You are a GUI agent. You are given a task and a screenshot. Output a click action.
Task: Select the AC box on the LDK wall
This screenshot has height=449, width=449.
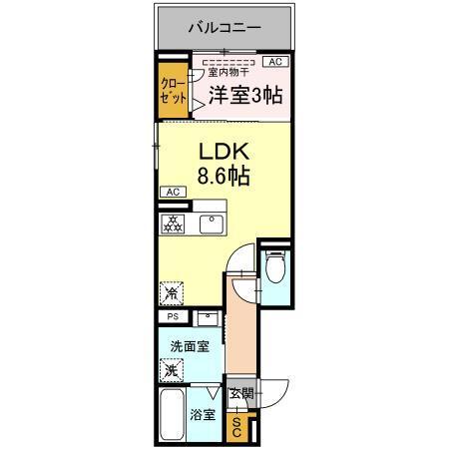tap(171, 192)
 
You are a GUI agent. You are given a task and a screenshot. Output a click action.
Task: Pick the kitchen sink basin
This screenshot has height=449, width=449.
tap(211, 223)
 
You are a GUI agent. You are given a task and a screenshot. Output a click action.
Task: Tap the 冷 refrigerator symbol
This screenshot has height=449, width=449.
tap(171, 294)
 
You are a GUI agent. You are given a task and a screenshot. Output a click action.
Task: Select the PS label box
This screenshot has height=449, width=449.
tap(173, 319)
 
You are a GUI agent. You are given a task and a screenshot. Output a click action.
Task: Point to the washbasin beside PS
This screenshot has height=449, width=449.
tap(207, 319)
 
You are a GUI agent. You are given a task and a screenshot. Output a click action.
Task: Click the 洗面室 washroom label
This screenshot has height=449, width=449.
tap(188, 347)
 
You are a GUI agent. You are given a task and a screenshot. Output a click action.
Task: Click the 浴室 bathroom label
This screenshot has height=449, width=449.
tap(203, 414)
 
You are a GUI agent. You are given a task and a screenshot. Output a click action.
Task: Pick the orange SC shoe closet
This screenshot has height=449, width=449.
tap(238, 429)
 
